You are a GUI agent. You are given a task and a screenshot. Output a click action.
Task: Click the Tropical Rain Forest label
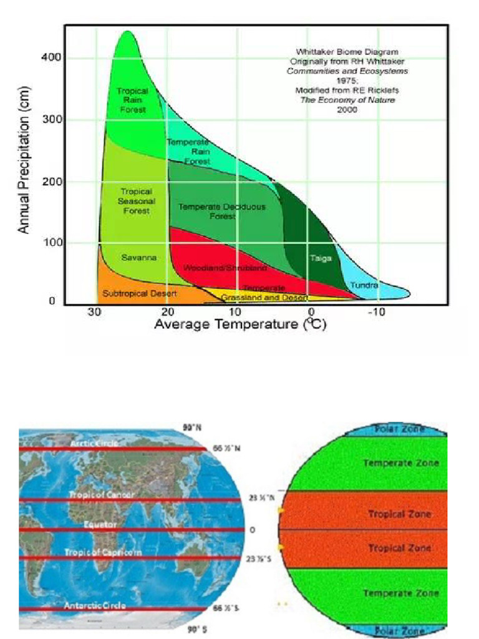pyautogui.click(x=132, y=100)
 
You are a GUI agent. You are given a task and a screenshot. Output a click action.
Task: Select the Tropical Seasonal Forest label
pyautogui.click(x=136, y=201)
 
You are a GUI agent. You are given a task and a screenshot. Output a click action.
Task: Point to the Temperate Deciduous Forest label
pyautogui.click(x=222, y=211)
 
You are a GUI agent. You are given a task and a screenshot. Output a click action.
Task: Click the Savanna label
pyautogui.click(x=138, y=257)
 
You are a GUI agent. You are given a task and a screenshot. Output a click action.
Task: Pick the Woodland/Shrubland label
pyautogui.click(x=225, y=268)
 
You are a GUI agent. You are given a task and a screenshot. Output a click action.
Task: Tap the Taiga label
pyautogui.click(x=321, y=257)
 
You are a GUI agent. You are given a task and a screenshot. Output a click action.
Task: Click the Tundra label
pyautogui.click(x=364, y=285)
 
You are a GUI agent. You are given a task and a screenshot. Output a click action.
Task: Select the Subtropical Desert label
pyautogui.click(x=140, y=293)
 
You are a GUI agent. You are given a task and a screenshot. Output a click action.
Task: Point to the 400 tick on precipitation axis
pyautogui.click(x=52, y=57)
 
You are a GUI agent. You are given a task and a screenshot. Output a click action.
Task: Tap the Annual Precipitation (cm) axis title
pyautogui.click(x=24, y=165)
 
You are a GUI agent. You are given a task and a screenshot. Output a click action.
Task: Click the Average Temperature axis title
pyautogui.click(x=240, y=324)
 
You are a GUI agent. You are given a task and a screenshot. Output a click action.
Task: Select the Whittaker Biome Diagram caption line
pyautogui.click(x=347, y=52)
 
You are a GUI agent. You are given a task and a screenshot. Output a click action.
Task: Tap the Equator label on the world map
pyautogui.click(x=100, y=525)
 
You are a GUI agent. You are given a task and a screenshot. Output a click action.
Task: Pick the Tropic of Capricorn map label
pyautogui.click(x=103, y=552)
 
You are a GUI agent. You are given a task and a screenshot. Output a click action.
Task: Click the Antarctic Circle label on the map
pyautogui.click(x=95, y=605)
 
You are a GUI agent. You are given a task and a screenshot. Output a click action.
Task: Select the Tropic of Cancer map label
pyautogui.click(x=102, y=495)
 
